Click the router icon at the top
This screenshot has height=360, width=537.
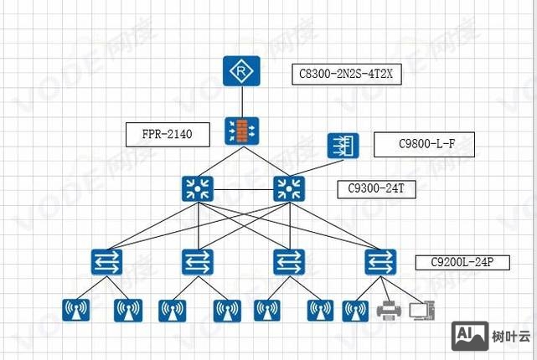[x=242, y=72]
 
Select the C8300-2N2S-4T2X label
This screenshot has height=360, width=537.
[x=346, y=75]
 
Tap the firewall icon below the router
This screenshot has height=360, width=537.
[x=242, y=131]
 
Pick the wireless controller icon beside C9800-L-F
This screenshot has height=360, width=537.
[x=342, y=146]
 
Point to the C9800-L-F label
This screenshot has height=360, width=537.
[x=424, y=145]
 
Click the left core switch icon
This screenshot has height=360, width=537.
[x=197, y=188]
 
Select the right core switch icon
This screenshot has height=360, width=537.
[x=287, y=188]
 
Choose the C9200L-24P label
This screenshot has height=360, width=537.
[x=462, y=261]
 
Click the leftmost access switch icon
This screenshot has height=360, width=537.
[x=107, y=262]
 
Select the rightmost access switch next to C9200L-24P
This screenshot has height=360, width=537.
[x=380, y=262]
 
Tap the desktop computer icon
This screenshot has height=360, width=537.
[x=421, y=311]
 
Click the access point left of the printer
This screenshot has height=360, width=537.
[x=355, y=311]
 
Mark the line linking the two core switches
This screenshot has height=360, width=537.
[x=242, y=188]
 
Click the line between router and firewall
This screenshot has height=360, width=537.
[x=242, y=101]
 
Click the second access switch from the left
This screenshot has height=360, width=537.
[x=197, y=262]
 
